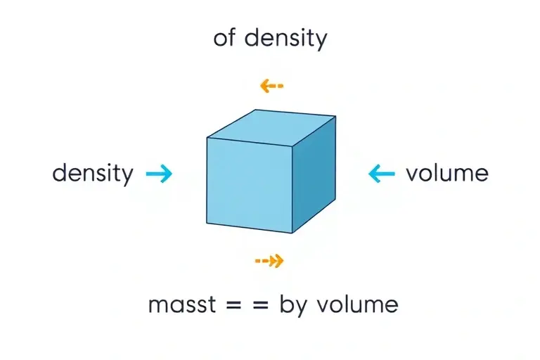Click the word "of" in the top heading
click(225, 37)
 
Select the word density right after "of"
click(285, 39)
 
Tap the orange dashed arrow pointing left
click(271, 86)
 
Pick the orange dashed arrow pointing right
click(269, 261)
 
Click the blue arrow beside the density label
click(159, 173)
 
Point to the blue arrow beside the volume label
click(382, 173)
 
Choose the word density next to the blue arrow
click(93, 174)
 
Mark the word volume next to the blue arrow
click(447, 173)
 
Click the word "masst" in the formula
click(182, 304)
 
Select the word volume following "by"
click(357, 304)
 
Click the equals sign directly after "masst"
click(234, 305)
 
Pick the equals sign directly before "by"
click(260, 305)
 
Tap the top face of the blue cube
click(271, 127)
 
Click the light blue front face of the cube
click(250, 185)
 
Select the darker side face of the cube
click(314, 174)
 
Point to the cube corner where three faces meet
click(292, 146)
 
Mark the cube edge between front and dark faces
click(292, 190)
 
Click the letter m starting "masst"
click(158, 306)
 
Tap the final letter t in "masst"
click(212, 304)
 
